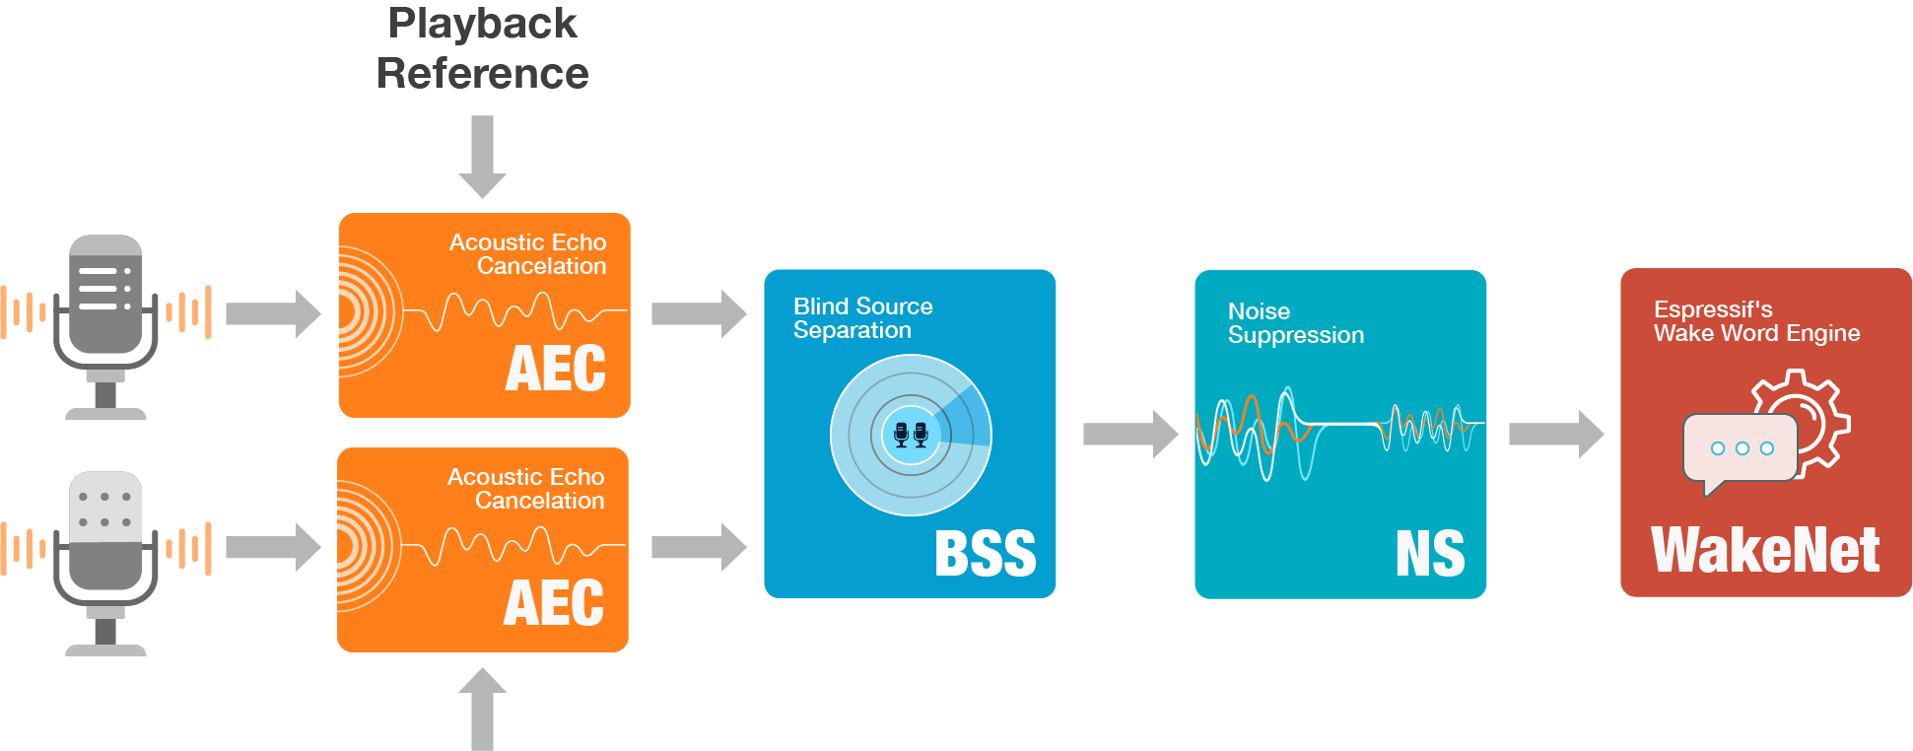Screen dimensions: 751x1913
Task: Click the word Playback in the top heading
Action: pos(482,24)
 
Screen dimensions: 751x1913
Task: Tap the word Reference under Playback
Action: pos(482,74)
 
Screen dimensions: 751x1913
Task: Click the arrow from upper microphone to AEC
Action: pos(273,314)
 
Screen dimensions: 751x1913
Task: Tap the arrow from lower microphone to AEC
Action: pos(273,547)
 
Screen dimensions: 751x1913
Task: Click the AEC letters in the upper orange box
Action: pos(555,369)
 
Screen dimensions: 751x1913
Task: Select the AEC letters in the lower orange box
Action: pos(553,603)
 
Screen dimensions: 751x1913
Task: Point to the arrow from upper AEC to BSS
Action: pos(699,314)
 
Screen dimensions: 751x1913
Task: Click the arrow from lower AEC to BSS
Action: pos(699,547)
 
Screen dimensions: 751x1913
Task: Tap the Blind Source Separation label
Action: pos(862,318)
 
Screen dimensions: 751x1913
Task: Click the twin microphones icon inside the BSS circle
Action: pos(911,434)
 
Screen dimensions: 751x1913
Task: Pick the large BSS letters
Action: pos(985,554)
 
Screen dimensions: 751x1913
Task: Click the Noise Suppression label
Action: pos(1295,323)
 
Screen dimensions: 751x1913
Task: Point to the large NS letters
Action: pos(1430,554)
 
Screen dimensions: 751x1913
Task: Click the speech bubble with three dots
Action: pos(1741,450)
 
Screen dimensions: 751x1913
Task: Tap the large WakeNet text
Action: pos(1765,550)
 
